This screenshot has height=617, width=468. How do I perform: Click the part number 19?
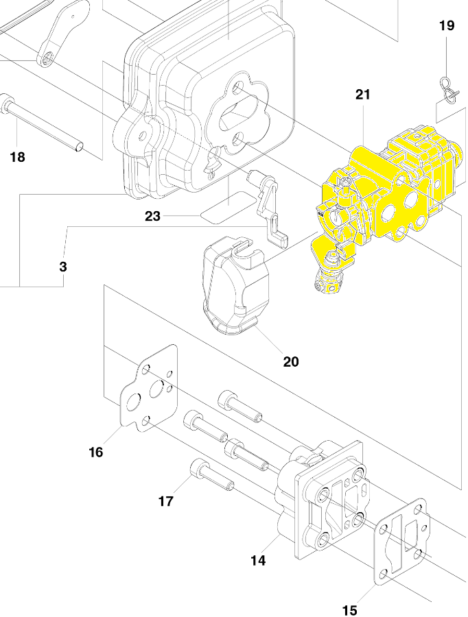[x=447, y=25]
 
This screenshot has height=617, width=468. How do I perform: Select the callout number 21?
[x=363, y=95]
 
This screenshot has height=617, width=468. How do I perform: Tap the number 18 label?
[x=17, y=157]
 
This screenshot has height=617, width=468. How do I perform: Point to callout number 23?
[x=152, y=216]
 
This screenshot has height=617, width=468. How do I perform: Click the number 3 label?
[x=63, y=267]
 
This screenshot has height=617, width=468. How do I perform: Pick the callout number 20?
[x=291, y=361]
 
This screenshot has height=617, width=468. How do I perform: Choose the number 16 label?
[x=96, y=452]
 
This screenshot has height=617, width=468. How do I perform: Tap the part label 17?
[x=166, y=501]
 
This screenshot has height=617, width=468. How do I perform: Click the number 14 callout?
[x=258, y=560]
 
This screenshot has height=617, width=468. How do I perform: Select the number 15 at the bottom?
[x=349, y=610]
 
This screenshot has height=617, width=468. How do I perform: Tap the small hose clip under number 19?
[x=449, y=90]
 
